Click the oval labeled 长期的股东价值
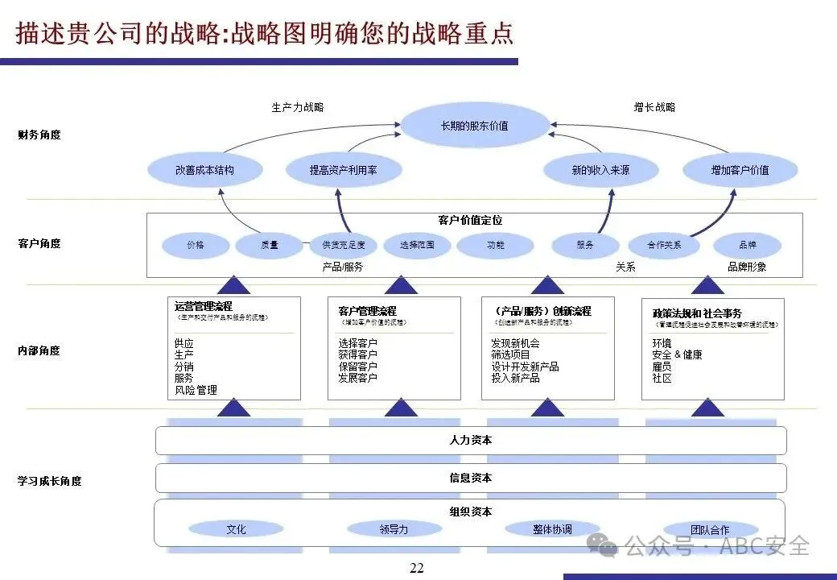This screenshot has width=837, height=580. (475, 126)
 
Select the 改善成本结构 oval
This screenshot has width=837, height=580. (205, 170)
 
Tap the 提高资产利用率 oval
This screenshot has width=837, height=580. (343, 170)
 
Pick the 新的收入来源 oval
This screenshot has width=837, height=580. (600, 170)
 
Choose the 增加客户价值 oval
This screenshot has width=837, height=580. (740, 170)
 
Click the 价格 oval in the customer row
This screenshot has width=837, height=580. (196, 245)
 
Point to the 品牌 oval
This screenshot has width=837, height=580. (747, 245)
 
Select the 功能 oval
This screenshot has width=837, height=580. (496, 245)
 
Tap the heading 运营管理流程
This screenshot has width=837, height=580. (204, 306)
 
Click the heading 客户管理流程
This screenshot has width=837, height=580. (367, 311)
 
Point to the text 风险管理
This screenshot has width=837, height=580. (196, 390)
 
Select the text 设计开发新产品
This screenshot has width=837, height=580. (525, 367)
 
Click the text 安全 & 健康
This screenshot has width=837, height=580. (677, 354)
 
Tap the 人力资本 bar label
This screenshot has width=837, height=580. (471, 441)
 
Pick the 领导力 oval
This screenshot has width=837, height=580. (394, 529)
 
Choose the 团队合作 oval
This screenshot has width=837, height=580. (710, 529)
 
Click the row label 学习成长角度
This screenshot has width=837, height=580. (49, 481)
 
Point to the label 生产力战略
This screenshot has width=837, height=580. (298, 107)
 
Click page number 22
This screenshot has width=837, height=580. (416, 568)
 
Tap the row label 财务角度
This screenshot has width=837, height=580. (39, 135)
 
